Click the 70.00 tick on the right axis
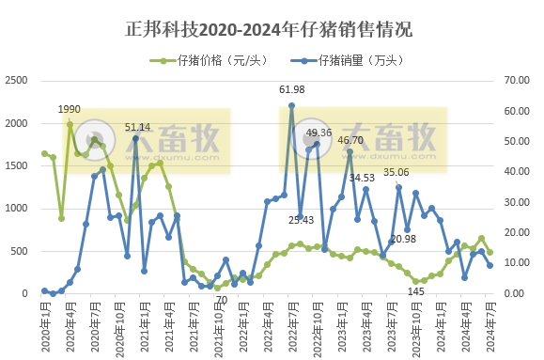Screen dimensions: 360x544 pos(519,81)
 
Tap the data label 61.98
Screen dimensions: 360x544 pos(292,89)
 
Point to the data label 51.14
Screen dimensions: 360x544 pos(138,126)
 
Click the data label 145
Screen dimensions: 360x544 pos(416,291)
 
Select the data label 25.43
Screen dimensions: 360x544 pos(301,220)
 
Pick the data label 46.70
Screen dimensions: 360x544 pos(350,139)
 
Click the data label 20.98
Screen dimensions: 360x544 pos(403,239)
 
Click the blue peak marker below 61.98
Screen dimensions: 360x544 pos(291,105)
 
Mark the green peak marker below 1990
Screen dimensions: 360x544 pos(70,124)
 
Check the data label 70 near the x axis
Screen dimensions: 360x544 pos(222,300)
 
